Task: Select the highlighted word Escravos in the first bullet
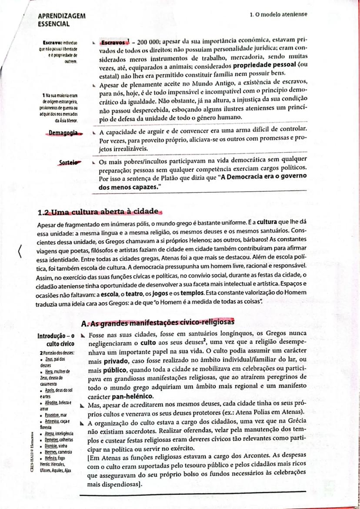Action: point(113,44)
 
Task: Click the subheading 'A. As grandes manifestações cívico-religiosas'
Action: point(158,322)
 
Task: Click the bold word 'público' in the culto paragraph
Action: point(115,370)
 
